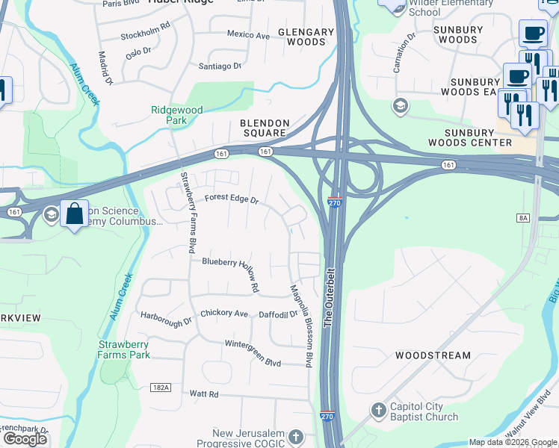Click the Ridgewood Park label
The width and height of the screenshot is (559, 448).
(177, 114)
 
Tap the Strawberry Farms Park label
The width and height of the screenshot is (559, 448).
(123, 349)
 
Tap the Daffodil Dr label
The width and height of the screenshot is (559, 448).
(279, 314)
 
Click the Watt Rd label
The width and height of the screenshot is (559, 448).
(203, 393)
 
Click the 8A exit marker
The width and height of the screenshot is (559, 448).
(522, 217)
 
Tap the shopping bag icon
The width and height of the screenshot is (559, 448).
(74, 214)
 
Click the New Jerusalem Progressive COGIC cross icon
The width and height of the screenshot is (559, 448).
(296, 436)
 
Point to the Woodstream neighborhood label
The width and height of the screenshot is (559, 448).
(433, 355)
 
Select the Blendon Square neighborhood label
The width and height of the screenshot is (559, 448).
(262, 127)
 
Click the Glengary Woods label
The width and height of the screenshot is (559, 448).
(306, 37)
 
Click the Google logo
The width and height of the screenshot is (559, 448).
(25, 438)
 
